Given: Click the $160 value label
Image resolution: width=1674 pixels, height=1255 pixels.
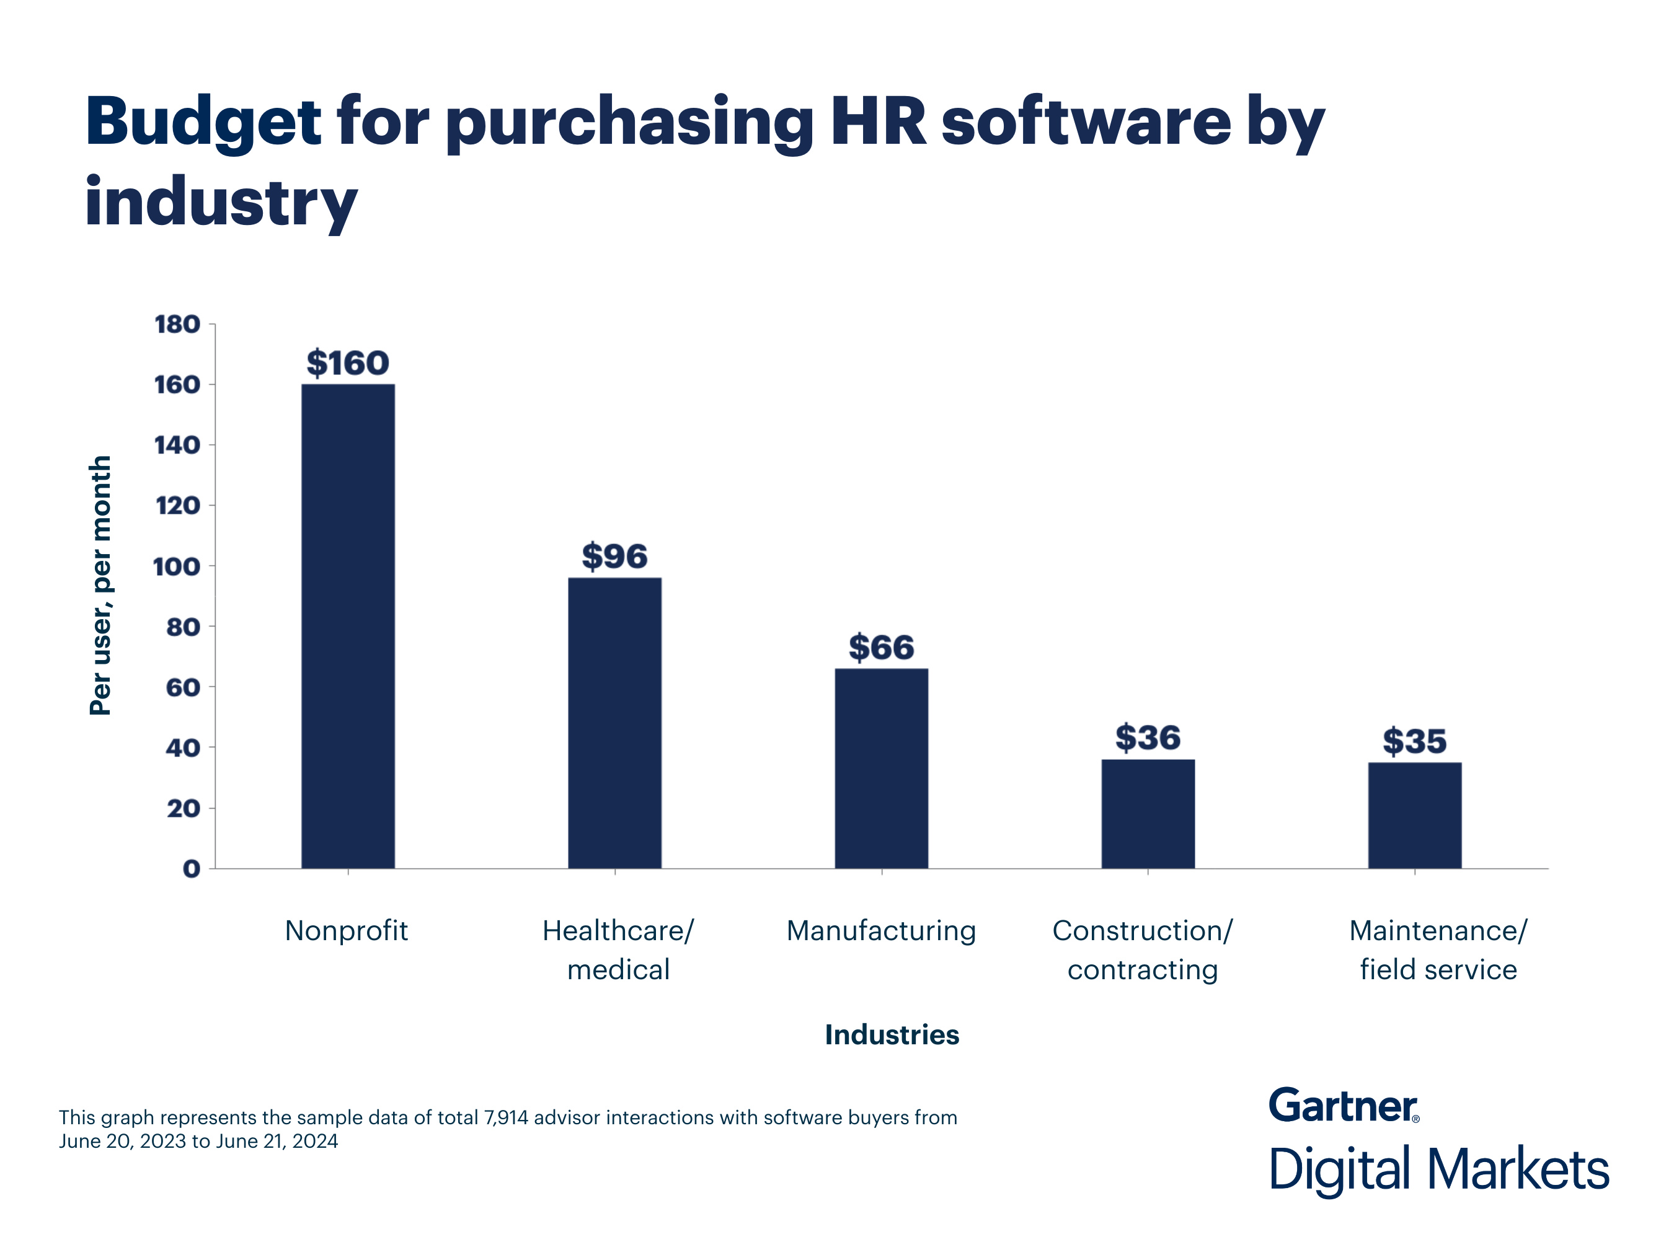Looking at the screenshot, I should click(x=347, y=363).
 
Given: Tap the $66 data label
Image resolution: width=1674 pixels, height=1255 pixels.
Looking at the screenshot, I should click(x=881, y=648).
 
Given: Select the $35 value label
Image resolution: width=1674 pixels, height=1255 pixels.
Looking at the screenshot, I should click(x=1414, y=741).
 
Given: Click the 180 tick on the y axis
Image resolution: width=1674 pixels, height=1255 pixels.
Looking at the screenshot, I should click(x=177, y=325).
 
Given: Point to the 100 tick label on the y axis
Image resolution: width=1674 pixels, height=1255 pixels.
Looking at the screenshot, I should click(x=176, y=566).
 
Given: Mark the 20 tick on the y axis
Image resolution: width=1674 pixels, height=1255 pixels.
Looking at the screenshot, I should click(x=182, y=809).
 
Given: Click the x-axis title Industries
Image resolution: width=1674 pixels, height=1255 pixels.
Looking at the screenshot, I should click(x=892, y=1034).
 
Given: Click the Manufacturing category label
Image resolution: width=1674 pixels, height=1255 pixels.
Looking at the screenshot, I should click(x=881, y=930).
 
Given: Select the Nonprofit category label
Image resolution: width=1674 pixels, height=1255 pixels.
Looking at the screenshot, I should click(x=346, y=930).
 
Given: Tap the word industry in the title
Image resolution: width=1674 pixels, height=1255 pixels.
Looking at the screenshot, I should click(x=220, y=202).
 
